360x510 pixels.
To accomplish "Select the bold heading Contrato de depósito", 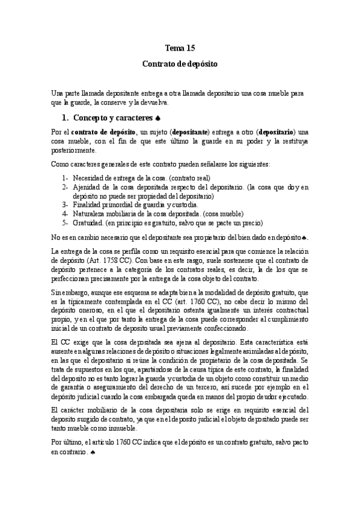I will point(180,63).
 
